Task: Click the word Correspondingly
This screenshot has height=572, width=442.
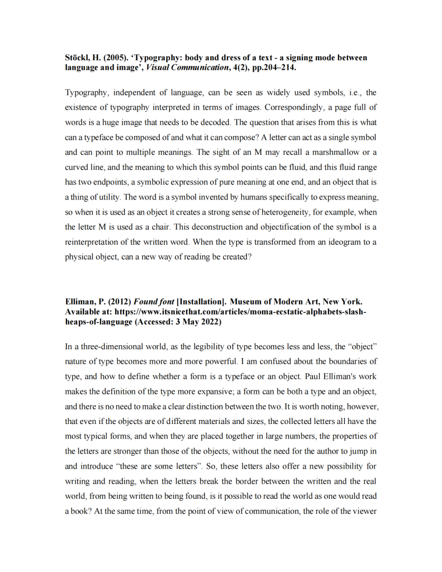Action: pyautogui.click(x=293, y=107)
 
